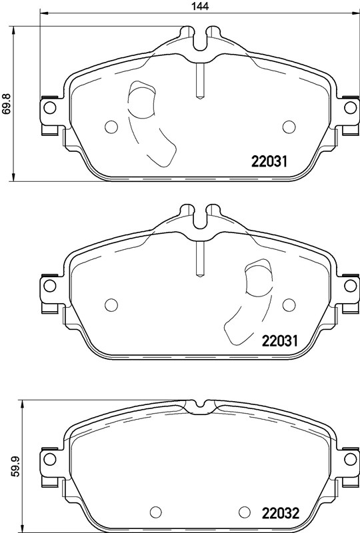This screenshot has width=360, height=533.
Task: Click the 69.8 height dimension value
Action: coord(7,103)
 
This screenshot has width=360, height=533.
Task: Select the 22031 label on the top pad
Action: coord(269,161)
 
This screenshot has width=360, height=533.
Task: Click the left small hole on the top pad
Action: coord(111,127)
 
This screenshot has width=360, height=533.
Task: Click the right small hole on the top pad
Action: coord(289,127)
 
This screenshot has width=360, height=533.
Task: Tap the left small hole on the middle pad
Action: coord(111,304)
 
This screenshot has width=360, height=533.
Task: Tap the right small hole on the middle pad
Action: coord(289,304)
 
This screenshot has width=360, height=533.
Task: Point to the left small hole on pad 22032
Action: coord(156,512)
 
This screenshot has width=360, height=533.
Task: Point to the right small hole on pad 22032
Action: coord(244,512)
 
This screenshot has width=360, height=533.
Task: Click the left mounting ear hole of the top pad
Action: coord(48,107)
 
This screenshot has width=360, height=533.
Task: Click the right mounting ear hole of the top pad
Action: coord(351,107)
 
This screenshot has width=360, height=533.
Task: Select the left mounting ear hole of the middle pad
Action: coord(48,285)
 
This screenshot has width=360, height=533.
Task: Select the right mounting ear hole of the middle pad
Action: coord(351,285)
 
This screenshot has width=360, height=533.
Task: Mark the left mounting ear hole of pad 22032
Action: coord(48,458)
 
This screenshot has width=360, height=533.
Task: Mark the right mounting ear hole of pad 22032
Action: coord(351,458)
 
